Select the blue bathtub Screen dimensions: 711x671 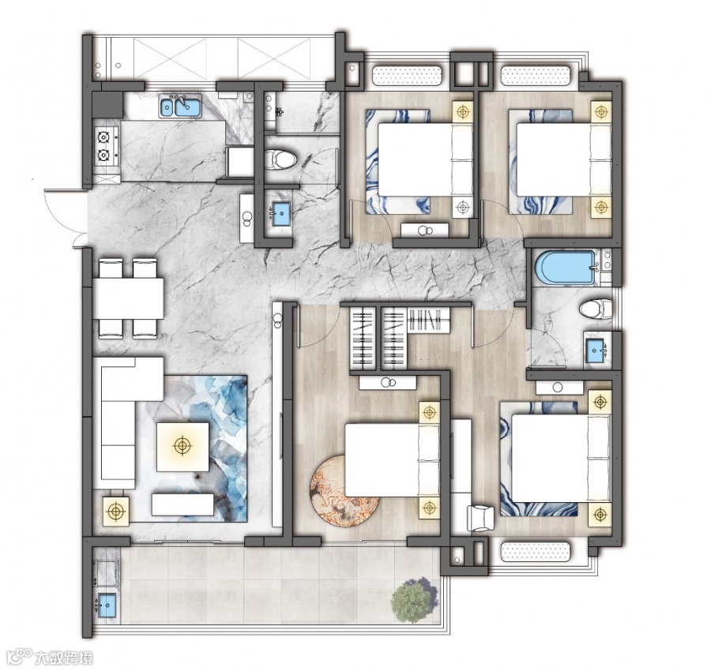click(x=565, y=268)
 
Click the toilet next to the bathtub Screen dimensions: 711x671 click(x=595, y=309)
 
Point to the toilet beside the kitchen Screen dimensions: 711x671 click(x=280, y=159)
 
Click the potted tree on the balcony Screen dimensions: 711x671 click(x=415, y=599)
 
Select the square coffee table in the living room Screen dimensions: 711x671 click(x=182, y=447)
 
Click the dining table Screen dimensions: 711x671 click(x=128, y=298)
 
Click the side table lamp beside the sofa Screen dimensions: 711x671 click(x=116, y=511)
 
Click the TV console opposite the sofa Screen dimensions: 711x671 click(x=182, y=504)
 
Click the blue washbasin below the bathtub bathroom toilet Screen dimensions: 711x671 click(x=596, y=350)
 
